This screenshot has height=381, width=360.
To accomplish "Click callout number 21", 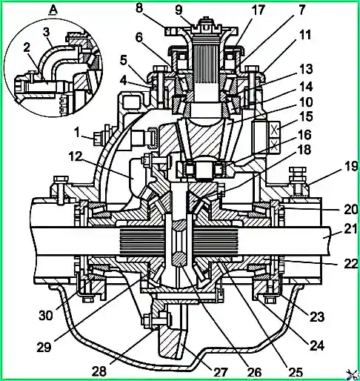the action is pyautogui.click(x=351, y=228).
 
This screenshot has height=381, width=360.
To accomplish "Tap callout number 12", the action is pyautogui.click(x=76, y=156).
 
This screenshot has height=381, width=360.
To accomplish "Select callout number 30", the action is pyautogui.click(x=46, y=315).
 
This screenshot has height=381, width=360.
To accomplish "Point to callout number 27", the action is pyautogui.click(x=220, y=373).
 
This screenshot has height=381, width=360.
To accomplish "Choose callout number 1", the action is pyautogui.click(x=77, y=133).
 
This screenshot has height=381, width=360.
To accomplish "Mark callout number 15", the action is pyautogui.click(x=306, y=116).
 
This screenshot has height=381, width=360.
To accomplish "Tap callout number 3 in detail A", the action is pyautogui.click(x=47, y=33).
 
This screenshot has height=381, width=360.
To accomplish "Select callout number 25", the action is pyautogui.click(x=296, y=371).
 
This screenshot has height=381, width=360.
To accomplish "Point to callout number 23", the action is pyautogui.click(x=317, y=317).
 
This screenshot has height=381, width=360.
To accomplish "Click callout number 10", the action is pyautogui.click(x=306, y=102).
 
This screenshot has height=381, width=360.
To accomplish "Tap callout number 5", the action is pyautogui.click(x=124, y=60).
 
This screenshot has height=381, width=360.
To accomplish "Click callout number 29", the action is pyautogui.click(x=44, y=348).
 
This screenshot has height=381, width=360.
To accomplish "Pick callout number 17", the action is pyautogui.click(x=259, y=10).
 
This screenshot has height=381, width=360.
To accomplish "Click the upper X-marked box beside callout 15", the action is pyautogui.click(x=273, y=130).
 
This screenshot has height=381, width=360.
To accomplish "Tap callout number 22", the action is pyautogui.click(x=351, y=263).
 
